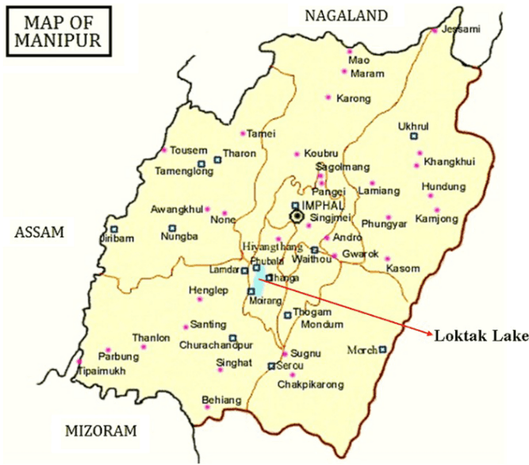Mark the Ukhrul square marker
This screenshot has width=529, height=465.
tap(413, 136)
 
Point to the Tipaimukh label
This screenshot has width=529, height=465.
tap(101, 371)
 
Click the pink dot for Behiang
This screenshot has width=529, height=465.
tap(207, 408)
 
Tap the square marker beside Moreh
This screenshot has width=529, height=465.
tap(382, 348)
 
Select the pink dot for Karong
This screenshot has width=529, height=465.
tap(328, 98)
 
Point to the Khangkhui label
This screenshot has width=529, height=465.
tap(449, 162)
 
